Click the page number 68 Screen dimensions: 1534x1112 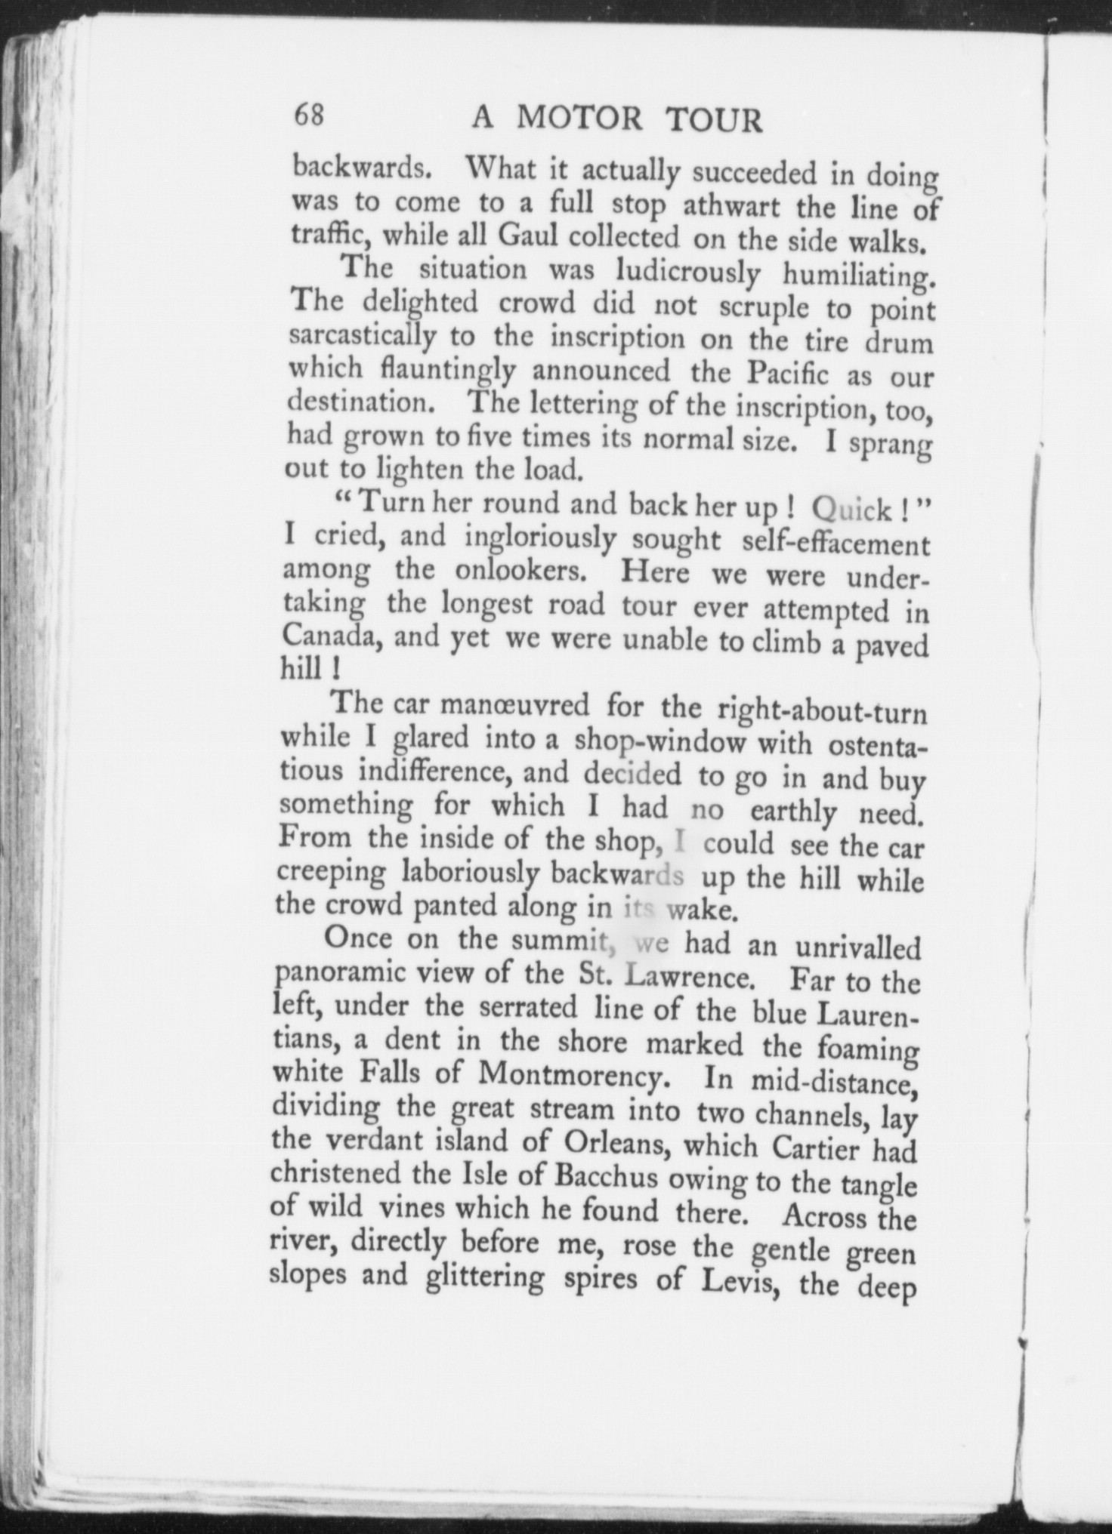(309, 116)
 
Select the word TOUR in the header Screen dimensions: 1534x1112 (715, 121)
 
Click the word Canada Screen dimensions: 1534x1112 (326, 638)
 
